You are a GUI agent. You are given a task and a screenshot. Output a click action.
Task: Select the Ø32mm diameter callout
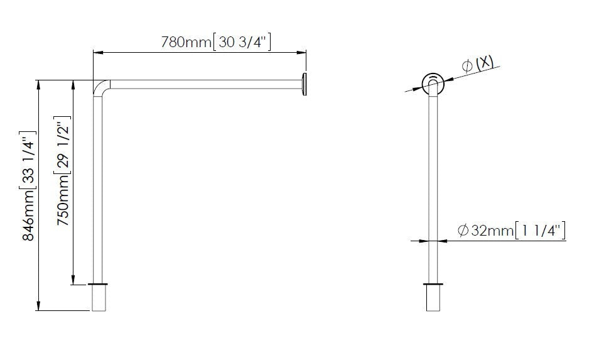pyautogui.click(x=485, y=231)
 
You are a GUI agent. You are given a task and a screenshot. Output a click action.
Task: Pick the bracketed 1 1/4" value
pyautogui.click(x=541, y=231)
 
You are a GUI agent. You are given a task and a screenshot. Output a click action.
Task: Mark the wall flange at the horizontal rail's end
pyautogui.click(x=305, y=84)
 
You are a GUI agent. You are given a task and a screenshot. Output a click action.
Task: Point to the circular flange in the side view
pyautogui.click(x=432, y=82)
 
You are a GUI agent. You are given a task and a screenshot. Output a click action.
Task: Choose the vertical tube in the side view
pyautogui.click(x=432, y=188)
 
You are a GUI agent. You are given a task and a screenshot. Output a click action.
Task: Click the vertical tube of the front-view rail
pyautogui.click(x=99, y=188)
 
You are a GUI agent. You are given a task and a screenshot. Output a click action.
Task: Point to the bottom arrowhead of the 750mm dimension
pyautogui.click(x=74, y=281)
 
